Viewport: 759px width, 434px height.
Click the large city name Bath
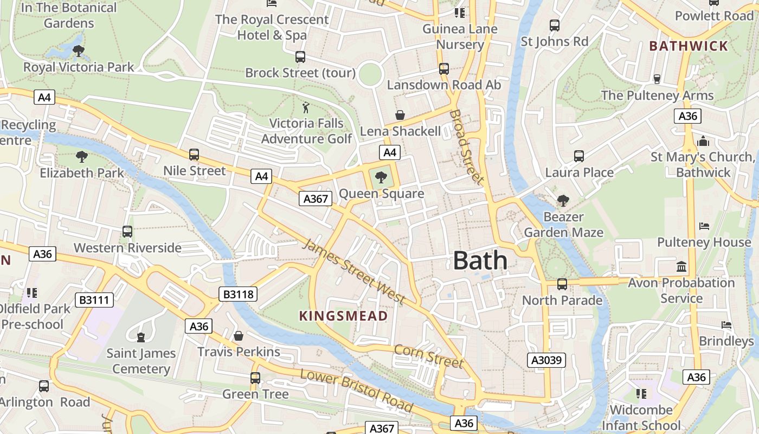tap(480, 261)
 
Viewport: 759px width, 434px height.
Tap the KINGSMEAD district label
tap(344, 316)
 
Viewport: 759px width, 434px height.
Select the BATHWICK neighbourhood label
tap(689, 46)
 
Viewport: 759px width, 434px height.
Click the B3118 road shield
tap(239, 295)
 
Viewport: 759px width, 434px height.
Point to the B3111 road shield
tap(94, 299)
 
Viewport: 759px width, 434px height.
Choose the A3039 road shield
tap(547, 360)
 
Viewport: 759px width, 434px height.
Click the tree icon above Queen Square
tap(381, 177)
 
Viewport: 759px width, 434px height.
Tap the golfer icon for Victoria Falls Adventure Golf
tap(306, 107)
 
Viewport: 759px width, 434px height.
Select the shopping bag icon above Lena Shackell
tap(400, 115)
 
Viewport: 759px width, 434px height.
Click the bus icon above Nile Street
tap(194, 155)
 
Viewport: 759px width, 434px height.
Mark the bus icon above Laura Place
tap(579, 156)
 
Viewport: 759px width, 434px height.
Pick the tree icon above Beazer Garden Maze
tap(563, 201)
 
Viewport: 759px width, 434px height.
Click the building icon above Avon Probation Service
tap(681, 266)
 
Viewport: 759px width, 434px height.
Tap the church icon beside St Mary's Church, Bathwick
tap(704, 141)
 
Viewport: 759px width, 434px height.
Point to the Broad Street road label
tap(466, 146)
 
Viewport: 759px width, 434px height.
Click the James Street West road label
tap(353, 271)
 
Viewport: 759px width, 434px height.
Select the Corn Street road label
tap(429, 356)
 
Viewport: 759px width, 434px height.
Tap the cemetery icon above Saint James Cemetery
tap(141, 337)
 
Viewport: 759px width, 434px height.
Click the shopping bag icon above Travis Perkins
tap(239, 336)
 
